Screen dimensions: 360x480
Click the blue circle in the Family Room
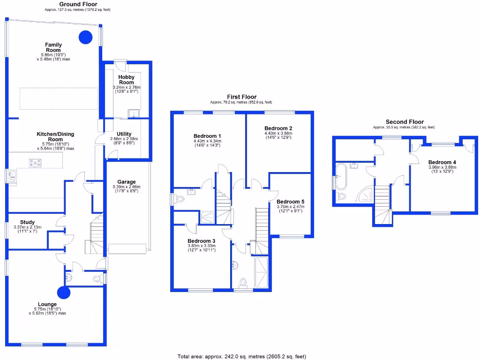(85, 37)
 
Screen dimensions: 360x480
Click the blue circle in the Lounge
(64, 293)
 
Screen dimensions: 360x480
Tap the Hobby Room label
(127, 80)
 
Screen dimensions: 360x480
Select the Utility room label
(124, 134)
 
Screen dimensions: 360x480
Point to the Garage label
(127, 182)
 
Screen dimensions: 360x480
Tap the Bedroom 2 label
(278, 128)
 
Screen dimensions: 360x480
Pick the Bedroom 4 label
(442, 162)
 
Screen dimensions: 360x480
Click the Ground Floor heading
(78, 4)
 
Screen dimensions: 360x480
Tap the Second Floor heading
(405, 122)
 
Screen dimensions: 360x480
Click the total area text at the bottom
(241, 356)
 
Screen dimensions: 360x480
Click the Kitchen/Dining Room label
(55, 136)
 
